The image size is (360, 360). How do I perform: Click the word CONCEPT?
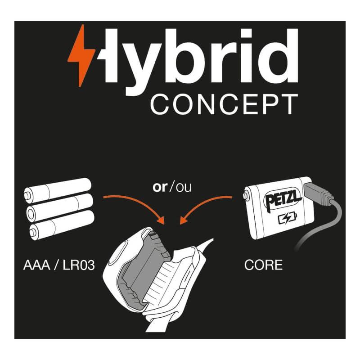click(224, 104)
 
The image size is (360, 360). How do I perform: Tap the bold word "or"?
click(160, 187)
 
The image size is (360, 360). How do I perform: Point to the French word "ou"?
click(184, 188)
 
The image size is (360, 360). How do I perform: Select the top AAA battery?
click(58, 190)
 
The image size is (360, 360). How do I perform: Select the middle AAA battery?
click(60, 207)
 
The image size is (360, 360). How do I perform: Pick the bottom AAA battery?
click(62, 225)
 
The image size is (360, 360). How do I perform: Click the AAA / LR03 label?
click(59, 265)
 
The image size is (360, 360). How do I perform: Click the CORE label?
click(263, 265)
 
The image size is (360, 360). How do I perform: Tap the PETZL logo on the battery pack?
click(283, 199)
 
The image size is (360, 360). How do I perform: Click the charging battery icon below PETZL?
click(288, 218)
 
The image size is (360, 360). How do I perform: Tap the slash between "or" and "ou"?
click(171, 187)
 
